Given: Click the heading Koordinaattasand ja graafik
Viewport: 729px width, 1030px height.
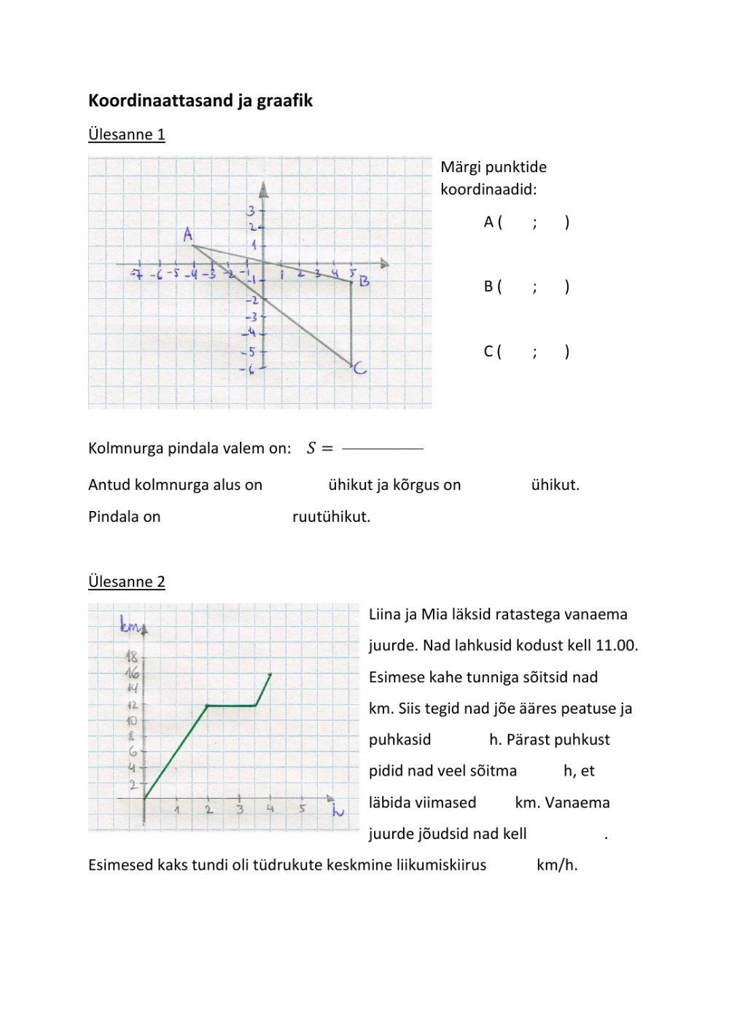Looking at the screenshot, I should click(200, 101).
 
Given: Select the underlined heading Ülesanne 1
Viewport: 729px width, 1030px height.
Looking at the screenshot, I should click(126, 134).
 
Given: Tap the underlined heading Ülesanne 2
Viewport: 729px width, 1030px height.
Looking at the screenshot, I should click(126, 581).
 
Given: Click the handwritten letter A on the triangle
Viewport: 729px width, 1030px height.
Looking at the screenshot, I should click(188, 235).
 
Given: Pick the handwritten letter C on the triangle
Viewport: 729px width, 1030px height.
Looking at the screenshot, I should click(359, 370).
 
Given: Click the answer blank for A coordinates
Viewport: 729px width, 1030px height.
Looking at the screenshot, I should click(535, 222).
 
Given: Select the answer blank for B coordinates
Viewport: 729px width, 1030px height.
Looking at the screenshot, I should click(535, 286).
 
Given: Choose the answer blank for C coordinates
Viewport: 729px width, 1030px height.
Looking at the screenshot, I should click(535, 351).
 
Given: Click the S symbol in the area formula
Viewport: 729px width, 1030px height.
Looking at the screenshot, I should click(311, 448).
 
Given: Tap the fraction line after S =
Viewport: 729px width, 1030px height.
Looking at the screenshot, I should click(382, 448).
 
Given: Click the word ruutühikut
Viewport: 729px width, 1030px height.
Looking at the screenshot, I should click(331, 517).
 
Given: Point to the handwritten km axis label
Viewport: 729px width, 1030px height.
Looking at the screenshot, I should click(130, 623).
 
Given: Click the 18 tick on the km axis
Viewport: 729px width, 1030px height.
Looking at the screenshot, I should click(132, 658).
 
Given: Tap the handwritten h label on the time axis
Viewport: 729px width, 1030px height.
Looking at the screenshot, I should click(338, 811).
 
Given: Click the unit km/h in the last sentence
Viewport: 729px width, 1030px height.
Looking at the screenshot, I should click(557, 865).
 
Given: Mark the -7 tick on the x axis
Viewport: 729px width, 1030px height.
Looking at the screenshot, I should click(136, 274).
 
